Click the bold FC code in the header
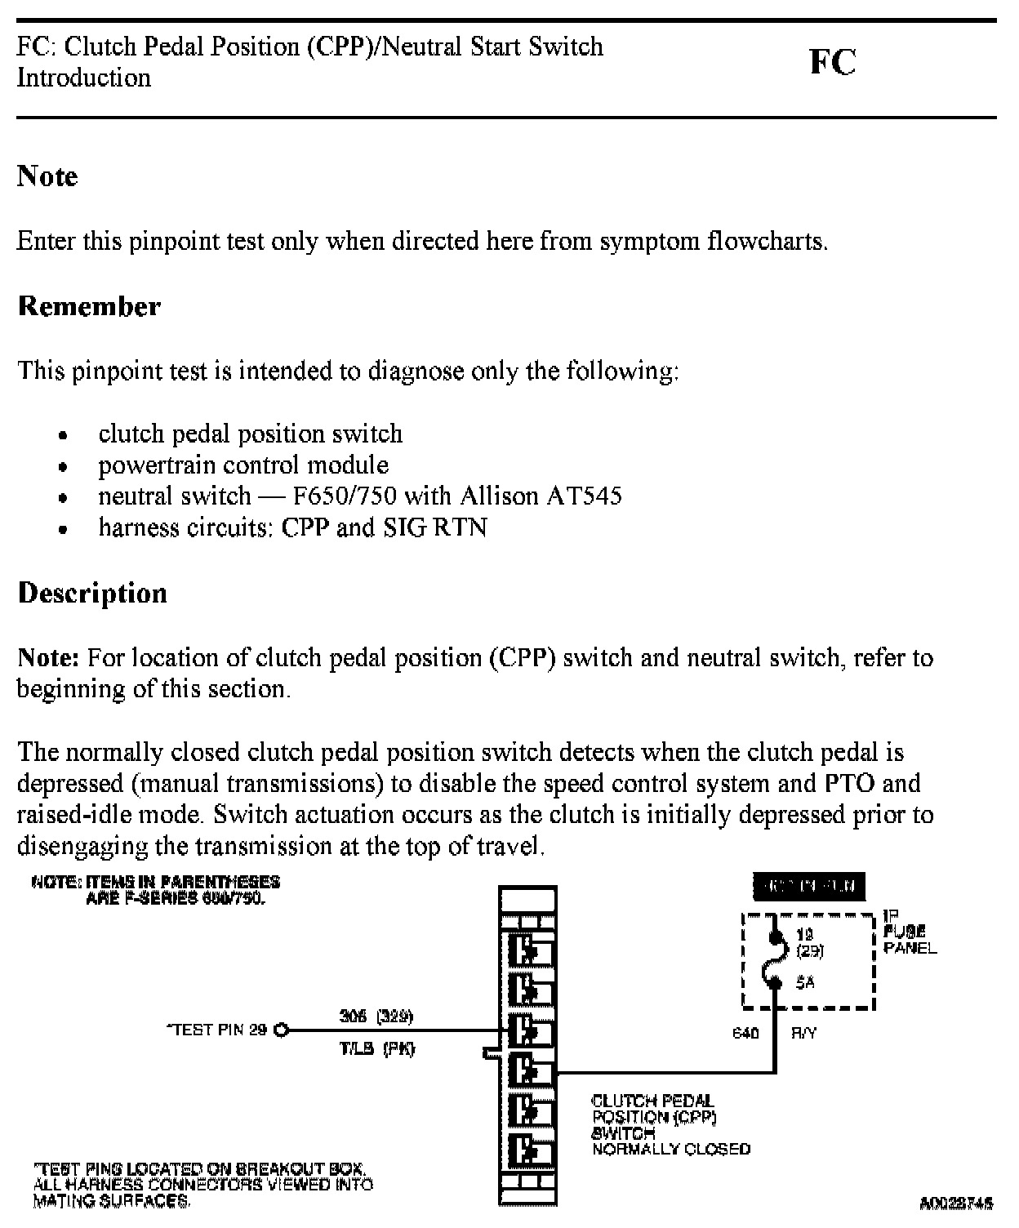click(x=832, y=62)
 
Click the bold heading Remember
click(x=89, y=306)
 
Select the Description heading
click(x=92, y=593)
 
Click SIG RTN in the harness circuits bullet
click(x=435, y=527)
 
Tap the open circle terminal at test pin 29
click(x=282, y=1030)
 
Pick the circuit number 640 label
click(x=745, y=1034)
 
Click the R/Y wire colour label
click(x=803, y=1034)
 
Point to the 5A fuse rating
click(x=804, y=983)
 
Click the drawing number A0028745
click(x=956, y=1203)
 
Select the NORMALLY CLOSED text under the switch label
click(x=671, y=1150)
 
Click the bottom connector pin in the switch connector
click(x=530, y=1150)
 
